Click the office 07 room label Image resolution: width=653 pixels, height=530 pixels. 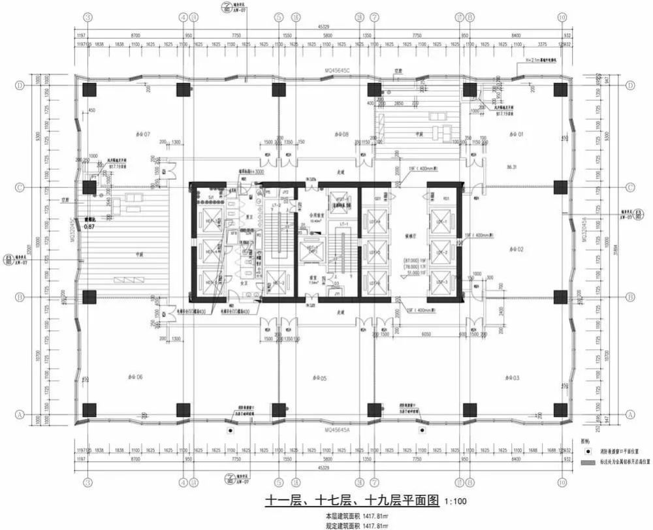click(142, 134)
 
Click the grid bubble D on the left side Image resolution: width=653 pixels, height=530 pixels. click(20, 86)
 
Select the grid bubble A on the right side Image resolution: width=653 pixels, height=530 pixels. click(630, 414)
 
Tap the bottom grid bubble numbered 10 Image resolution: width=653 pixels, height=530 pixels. click(561, 482)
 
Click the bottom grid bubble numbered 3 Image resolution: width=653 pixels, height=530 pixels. click(86, 482)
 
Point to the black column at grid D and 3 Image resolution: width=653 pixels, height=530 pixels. click(89, 89)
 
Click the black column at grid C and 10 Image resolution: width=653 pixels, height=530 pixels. click(560, 187)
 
